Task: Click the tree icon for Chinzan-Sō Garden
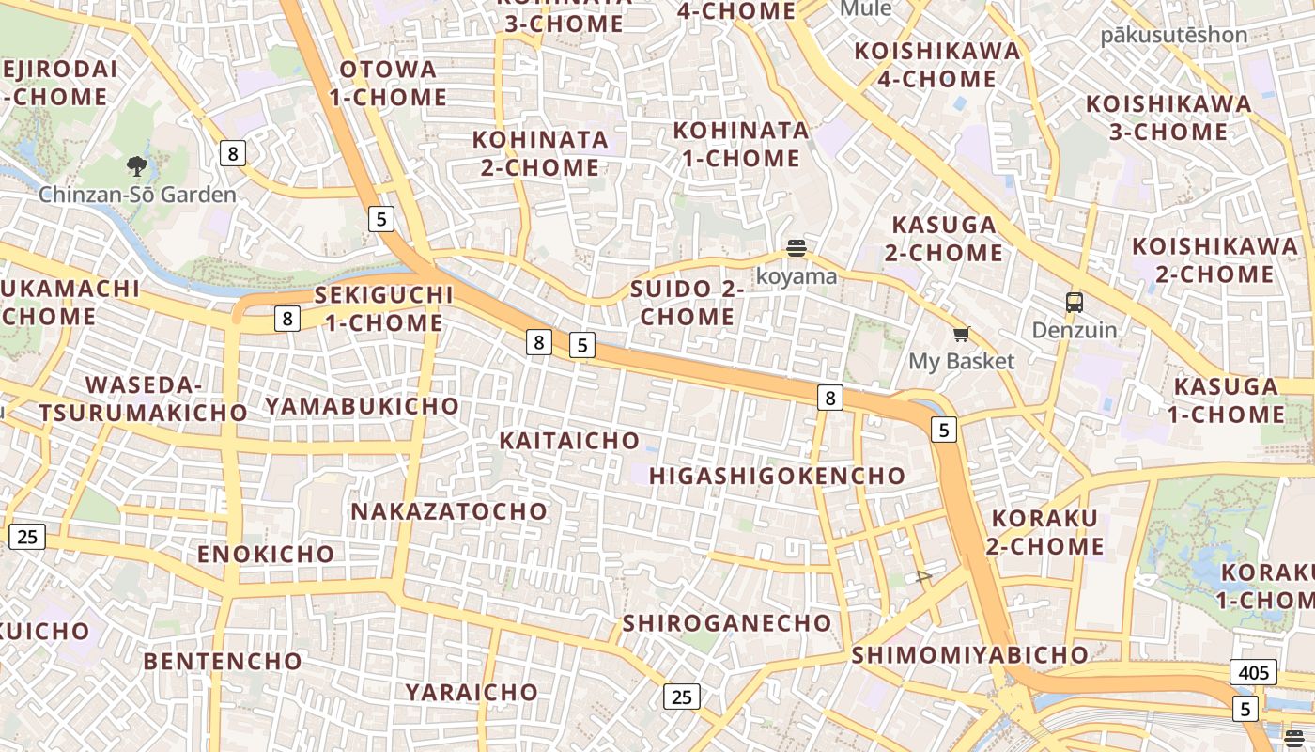[137, 167]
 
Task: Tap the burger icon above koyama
[797, 249]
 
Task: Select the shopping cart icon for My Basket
[961, 335]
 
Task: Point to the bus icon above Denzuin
[1075, 303]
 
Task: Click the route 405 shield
[1253, 672]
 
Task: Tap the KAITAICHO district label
[569, 441]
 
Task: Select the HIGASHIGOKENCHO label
[777, 476]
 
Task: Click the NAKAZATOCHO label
[449, 511]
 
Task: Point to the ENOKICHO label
[266, 554]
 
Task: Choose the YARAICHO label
[472, 693]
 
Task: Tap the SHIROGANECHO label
[727, 623]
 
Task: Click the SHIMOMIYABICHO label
[969, 655]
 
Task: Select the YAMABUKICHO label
[363, 406]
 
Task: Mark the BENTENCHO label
[223, 661]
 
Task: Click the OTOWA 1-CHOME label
[388, 83]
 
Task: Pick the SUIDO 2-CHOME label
[688, 303]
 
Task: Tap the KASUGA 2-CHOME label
[944, 239]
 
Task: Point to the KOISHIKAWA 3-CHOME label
[1168, 117]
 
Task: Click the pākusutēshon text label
[1174, 36]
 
